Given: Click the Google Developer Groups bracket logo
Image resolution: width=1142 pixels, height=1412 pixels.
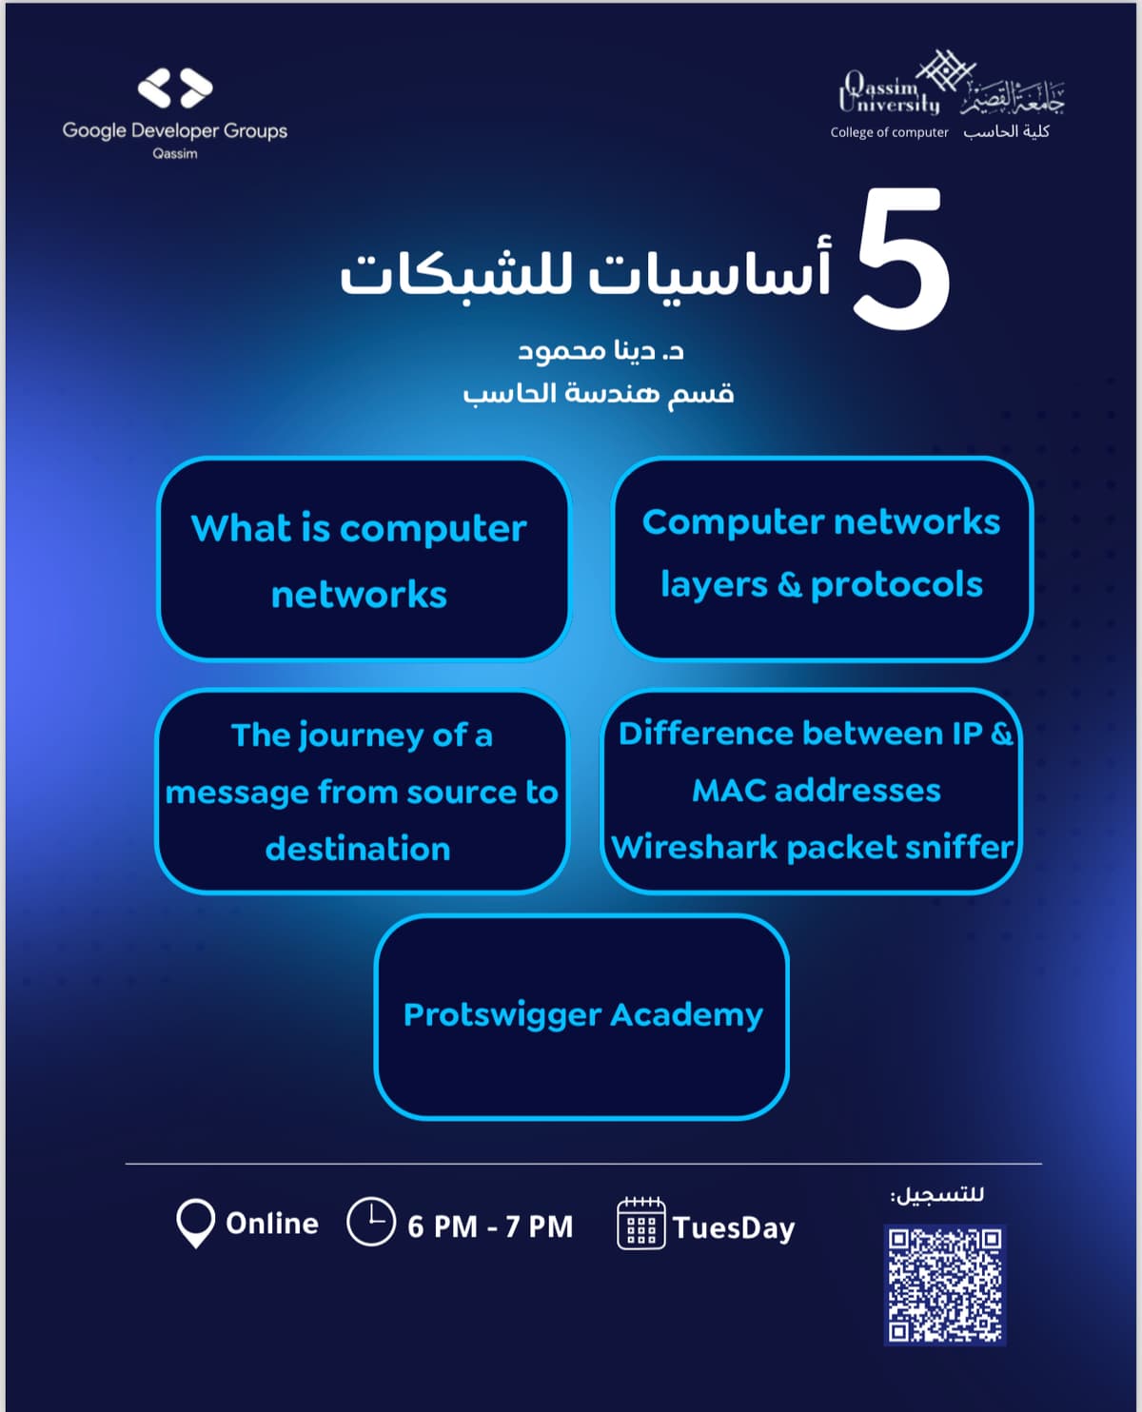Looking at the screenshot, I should point(175,88).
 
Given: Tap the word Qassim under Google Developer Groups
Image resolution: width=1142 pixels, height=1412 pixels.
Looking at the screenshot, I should point(175,153).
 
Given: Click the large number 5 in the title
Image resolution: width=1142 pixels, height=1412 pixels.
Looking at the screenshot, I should point(901,260).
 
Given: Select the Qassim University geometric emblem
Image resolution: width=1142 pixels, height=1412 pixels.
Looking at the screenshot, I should point(945,70).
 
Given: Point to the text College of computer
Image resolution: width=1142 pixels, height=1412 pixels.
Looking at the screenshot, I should point(889,132).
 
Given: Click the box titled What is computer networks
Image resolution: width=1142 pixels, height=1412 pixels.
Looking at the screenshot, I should point(363,559).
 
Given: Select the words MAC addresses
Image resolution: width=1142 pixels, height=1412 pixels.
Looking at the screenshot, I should point(816,790).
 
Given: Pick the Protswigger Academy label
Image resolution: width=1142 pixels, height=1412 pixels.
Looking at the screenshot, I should point(582,1014).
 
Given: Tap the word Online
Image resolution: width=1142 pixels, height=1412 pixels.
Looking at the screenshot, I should point(272,1223).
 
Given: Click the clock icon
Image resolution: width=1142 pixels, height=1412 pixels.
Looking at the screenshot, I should point(370,1222).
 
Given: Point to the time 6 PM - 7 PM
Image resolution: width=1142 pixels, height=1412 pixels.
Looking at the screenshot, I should point(490,1226).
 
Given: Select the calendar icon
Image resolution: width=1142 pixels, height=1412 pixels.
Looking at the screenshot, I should point(640,1224).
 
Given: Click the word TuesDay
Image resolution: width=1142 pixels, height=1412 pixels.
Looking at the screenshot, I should point(734,1227).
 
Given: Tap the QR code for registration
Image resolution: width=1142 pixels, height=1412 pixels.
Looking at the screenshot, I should point(944,1284).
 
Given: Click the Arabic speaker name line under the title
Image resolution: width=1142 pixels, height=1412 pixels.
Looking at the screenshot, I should point(601,351).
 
